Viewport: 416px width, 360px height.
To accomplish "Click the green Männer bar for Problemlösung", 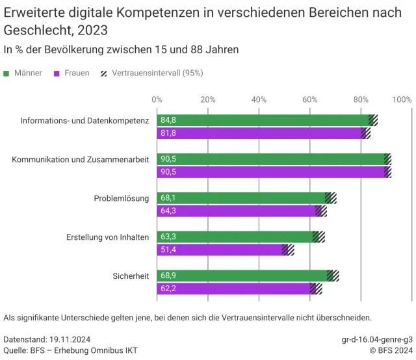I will coord(240,198).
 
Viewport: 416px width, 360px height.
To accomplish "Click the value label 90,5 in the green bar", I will coord(168,159).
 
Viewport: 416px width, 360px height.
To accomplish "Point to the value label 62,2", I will coord(168,289).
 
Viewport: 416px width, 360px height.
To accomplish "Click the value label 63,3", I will coord(168,237).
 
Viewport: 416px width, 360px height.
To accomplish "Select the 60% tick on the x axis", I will coord(310,99).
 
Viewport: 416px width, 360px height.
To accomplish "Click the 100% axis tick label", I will coord(402,99).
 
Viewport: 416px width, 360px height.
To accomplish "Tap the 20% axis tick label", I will coord(208,99).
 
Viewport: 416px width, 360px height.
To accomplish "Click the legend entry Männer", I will coord(28,73).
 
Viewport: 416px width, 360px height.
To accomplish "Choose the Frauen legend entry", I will coord(77,73).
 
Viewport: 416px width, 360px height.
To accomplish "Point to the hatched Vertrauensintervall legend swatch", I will coord(104,73).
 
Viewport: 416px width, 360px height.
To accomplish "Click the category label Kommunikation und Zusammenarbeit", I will coord(81,159).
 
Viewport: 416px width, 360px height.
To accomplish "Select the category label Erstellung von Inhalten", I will coord(108,237).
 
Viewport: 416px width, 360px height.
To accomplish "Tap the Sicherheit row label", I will coord(131,276).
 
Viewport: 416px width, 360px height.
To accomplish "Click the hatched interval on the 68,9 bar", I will coord(333,276).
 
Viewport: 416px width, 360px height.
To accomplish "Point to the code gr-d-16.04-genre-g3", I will coord(377,339).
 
